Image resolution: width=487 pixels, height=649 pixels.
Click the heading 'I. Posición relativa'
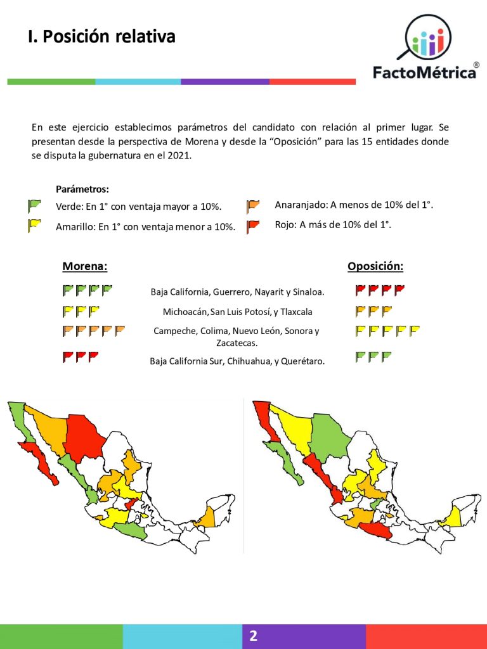(x=101, y=37)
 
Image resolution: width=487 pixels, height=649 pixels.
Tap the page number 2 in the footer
(x=253, y=636)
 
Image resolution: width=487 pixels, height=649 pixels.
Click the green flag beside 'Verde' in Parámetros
(x=34, y=206)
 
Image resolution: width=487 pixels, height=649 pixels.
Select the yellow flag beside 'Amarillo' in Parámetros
(x=34, y=226)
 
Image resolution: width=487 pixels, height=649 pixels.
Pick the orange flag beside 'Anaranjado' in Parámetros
(x=253, y=206)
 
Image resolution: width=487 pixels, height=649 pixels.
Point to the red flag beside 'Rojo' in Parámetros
(x=253, y=226)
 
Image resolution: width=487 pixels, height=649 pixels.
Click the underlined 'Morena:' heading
(x=84, y=266)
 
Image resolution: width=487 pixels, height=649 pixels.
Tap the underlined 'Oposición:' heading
(x=375, y=266)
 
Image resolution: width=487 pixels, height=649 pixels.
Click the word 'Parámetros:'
(x=82, y=189)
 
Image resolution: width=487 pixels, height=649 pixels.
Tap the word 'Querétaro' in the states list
(x=302, y=361)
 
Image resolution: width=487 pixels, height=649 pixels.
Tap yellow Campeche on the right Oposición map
(x=452, y=518)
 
